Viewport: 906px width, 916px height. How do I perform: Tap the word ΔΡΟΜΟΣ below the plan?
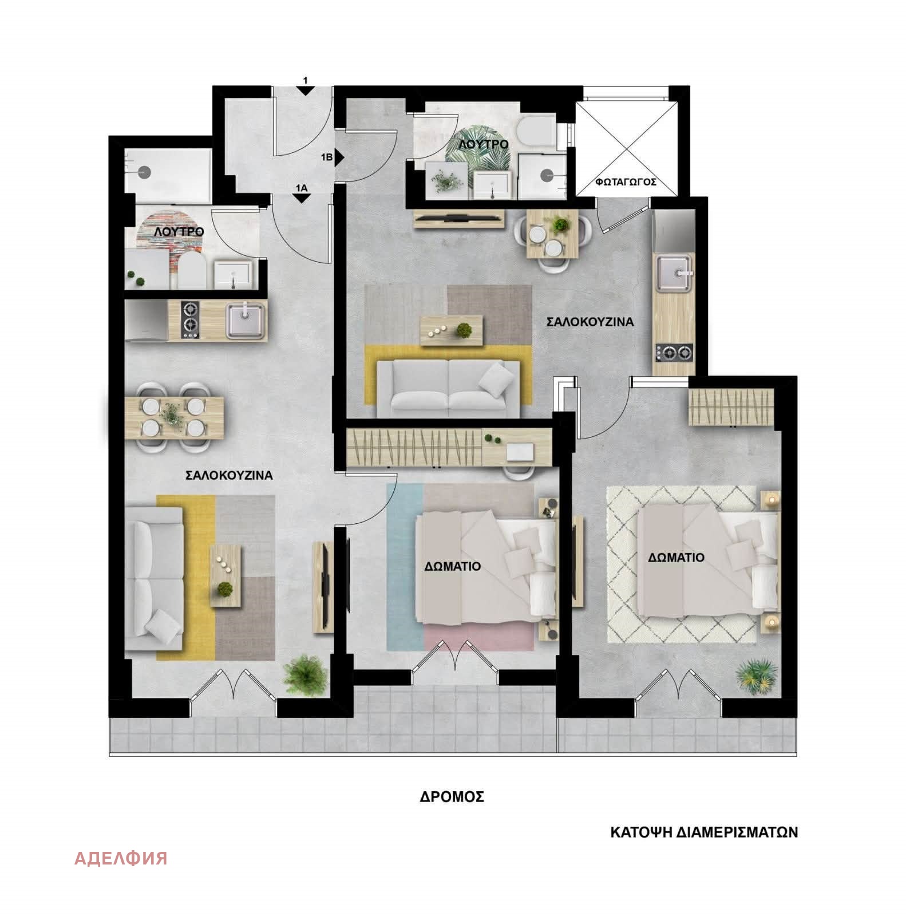click(452, 796)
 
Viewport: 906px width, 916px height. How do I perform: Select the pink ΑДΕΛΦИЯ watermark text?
click(121, 858)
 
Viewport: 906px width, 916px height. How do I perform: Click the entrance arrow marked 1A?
click(301, 198)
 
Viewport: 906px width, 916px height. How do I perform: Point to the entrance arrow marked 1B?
click(339, 156)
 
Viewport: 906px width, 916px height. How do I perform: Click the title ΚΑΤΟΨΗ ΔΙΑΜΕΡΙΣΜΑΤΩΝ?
click(703, 832)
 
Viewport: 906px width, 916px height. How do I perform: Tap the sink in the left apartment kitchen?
click(246, 320)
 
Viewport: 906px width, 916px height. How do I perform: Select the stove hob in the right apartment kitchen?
click(674, 353)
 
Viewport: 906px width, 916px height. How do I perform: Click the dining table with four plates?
click(174, 417)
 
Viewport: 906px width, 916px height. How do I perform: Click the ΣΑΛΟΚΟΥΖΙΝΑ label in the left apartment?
click(229, 475)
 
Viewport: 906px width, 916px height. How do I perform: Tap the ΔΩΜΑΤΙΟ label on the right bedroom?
click(676, 557)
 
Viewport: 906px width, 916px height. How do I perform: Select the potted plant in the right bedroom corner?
click(757, 677)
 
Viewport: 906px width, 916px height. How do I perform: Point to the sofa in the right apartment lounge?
click(449, 387)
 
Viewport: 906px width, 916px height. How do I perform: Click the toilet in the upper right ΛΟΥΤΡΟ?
click(535, 131)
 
